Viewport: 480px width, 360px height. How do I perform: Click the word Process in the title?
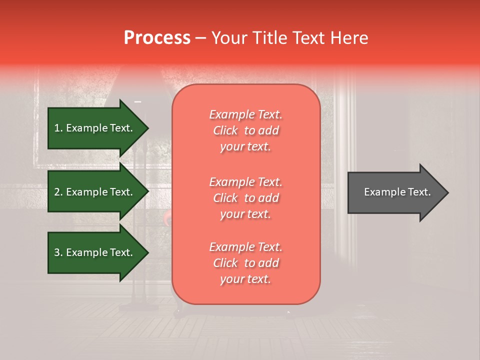(x=157, y=38)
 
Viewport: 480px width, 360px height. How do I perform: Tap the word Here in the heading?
(x=348, y=38)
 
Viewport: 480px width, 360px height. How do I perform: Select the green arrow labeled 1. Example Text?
(x=95, y=128)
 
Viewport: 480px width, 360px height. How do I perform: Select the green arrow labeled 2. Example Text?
(x=95, y=192)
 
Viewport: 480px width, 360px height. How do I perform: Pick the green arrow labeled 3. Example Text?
(x=95, y=252)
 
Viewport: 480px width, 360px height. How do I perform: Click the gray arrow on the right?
(x=395, y=192)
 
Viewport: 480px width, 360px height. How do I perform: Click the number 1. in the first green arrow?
(x=58, y=128)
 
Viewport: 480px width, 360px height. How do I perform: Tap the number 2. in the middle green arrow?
(x=58, y=192)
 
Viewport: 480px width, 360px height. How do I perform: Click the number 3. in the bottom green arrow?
(x=58, y=252)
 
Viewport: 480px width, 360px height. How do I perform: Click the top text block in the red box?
(x=245, y=130)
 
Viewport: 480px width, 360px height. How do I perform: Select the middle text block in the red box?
(x=245, y=198)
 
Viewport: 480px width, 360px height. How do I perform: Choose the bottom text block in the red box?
(x=245, y=263)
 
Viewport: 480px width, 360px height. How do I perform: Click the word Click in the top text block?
(x=225, y=131)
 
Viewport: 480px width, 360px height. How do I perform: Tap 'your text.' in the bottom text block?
(x=245, y=279)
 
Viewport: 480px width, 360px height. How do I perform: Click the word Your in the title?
(x=228, y=38)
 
